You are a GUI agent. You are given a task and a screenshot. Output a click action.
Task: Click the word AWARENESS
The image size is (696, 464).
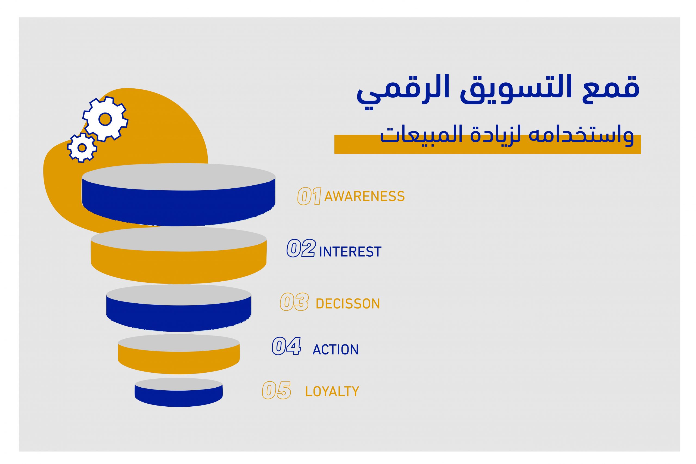[365, 196]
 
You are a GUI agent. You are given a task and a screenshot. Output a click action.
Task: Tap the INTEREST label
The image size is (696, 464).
[350, 251]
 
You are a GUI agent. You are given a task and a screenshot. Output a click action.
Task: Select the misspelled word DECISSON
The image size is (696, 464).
[348, 304]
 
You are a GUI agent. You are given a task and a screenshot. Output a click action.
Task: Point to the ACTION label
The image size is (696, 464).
[335, 350]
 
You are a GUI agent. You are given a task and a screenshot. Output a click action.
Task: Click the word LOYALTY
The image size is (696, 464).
[332, 391]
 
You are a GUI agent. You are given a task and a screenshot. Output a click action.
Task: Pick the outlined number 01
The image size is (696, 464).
[309, 196]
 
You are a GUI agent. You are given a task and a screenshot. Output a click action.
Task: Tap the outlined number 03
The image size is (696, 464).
[294, 302]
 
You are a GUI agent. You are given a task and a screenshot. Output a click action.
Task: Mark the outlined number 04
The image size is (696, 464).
[287, 346]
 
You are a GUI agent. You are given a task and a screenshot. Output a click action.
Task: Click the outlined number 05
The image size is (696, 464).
[277, 390]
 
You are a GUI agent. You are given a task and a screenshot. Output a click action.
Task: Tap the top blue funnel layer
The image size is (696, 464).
[179, 194]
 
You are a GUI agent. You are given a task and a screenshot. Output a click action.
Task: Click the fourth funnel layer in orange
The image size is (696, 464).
[179, 354]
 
